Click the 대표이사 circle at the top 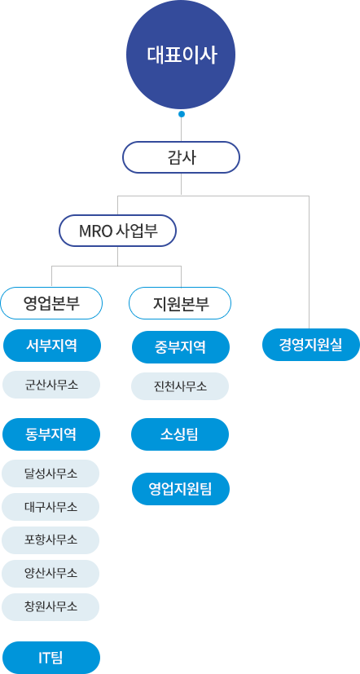(x=181, y=55)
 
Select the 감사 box (x=181, y=157)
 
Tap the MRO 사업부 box (x=118, y=231)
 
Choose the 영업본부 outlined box (x=51, y=303)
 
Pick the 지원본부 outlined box (x=180, y=303)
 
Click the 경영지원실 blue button (x=310, y=345)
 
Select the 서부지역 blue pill (x=52, y=346)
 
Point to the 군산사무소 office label (x=51, y=385)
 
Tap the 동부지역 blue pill (x=51, y=434)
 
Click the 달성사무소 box (x=50, y=474)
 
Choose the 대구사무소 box (x=50, y=507)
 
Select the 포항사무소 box (x=50, y=540)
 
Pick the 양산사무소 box (x=50, y=574)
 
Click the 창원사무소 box (x=50, y=607)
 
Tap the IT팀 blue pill (x=51, y=658)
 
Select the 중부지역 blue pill (x=181, y=347)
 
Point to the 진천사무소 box (x=180, y=386)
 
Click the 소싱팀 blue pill (x=180, y=434)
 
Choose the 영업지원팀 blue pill (x=181, y=489)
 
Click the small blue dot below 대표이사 (x=182, y=114)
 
